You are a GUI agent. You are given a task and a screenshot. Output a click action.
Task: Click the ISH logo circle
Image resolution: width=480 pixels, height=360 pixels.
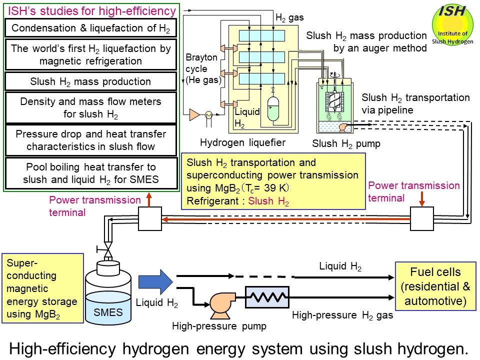pyautogui.click(x=452, y=26)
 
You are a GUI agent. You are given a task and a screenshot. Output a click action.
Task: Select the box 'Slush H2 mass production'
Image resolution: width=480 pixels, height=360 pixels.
pyautogui.click(x=90, y=81)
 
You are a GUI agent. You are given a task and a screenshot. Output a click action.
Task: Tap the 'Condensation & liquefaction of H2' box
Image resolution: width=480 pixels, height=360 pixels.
pyautogui.click(x=90, y=28)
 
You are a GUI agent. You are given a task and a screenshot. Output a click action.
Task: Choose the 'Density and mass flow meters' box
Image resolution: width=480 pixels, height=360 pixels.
pyautogui.click(x=90, y=107)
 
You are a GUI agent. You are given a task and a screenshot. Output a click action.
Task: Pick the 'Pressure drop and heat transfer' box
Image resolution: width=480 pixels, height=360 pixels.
pyautogui.click(x=90, y=140)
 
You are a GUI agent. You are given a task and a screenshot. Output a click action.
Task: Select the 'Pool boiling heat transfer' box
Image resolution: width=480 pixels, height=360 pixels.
pyautogui.click(x=90, y=173)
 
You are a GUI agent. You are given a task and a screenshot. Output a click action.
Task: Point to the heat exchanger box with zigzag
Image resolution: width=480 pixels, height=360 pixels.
pyautogui.click(x=267, y=297)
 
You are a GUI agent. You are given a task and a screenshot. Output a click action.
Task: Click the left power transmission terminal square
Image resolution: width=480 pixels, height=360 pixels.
pyautogui.click(x=150, y=218)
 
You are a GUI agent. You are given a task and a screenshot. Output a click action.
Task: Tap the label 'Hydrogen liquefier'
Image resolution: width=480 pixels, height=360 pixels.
pyautogui.click(x=242, y=142)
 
